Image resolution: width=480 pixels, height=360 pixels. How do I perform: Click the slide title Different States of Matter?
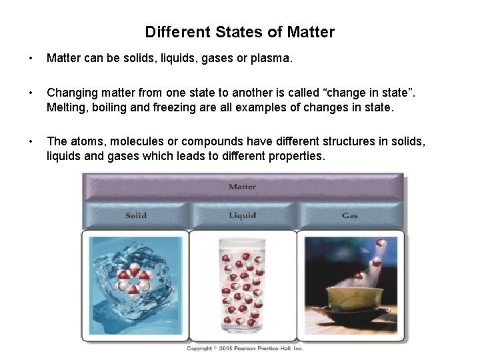240,32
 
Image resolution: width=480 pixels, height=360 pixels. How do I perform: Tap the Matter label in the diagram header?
242,187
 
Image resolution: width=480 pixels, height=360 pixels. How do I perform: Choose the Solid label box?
136,215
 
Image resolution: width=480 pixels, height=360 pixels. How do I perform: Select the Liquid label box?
243,215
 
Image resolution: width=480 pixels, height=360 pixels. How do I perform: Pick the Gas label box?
350,215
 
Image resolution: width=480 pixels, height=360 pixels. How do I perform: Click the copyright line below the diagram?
244,348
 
